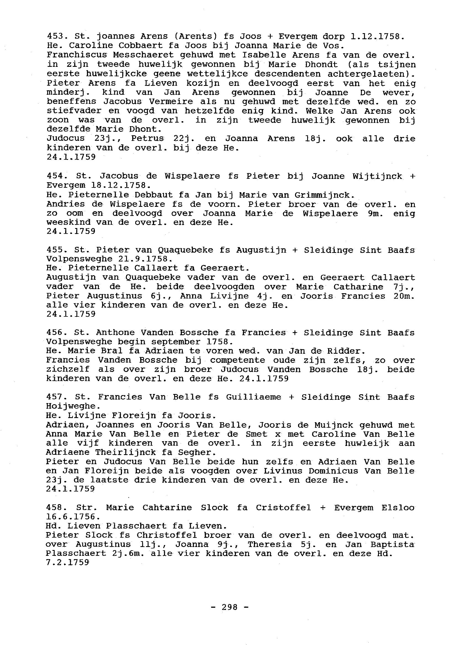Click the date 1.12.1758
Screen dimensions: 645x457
377,37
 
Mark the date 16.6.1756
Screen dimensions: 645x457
73,517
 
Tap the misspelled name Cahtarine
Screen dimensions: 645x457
167,507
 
